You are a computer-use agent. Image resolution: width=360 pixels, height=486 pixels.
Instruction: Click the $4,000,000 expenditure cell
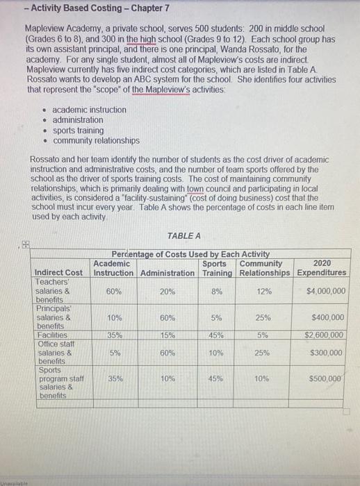(x=325, y=292)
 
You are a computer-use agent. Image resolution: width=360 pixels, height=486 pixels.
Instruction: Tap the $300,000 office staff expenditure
(x=327, y=353)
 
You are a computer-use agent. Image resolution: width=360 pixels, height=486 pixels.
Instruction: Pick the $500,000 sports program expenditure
(x=327, y=379)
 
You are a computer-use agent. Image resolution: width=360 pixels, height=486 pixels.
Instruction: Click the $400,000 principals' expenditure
(x=327, y=318)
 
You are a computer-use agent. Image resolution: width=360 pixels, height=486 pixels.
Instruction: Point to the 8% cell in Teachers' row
(x=215, y=292)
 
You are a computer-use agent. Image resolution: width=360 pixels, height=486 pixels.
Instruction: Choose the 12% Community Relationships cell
(x=263, y=292)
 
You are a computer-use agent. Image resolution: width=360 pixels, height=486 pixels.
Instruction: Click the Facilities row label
(x=49, y=335)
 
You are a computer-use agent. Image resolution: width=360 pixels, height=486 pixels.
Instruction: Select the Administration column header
(x=167, y=273)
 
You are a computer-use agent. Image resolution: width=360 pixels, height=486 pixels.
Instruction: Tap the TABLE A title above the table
(x=184, y=236)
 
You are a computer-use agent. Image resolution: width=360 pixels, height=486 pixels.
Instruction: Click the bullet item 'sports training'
(x=79, y=130)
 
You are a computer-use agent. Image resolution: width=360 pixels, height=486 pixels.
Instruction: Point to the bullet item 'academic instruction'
(x=90, y=110)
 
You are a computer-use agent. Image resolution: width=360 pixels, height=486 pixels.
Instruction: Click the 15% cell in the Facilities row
(x=167, y=335)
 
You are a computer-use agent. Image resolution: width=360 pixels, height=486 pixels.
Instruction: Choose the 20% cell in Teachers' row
(x=167, y=292)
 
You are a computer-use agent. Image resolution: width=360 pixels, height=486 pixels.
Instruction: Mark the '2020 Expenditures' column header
(x=322, y=268)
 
